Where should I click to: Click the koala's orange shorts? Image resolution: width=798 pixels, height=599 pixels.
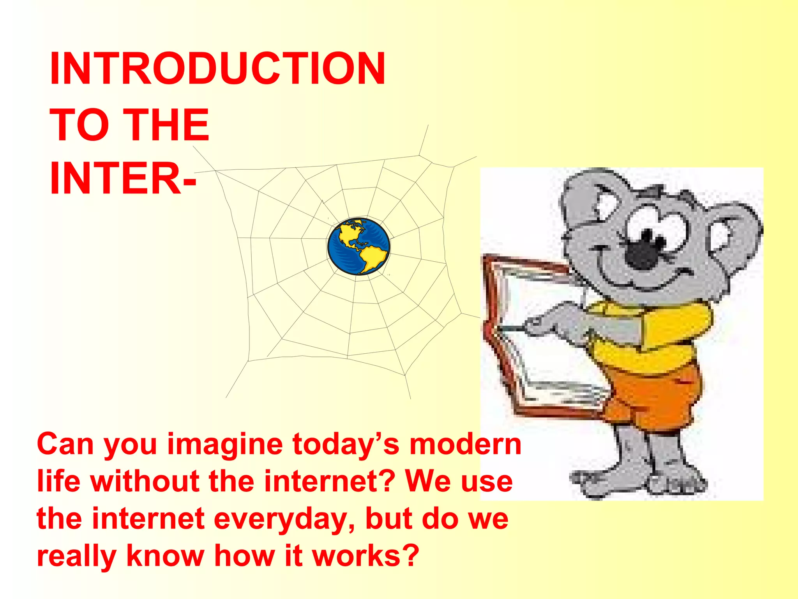(x=659, y=394)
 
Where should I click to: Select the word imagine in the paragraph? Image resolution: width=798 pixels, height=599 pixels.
(x=225, y=445)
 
